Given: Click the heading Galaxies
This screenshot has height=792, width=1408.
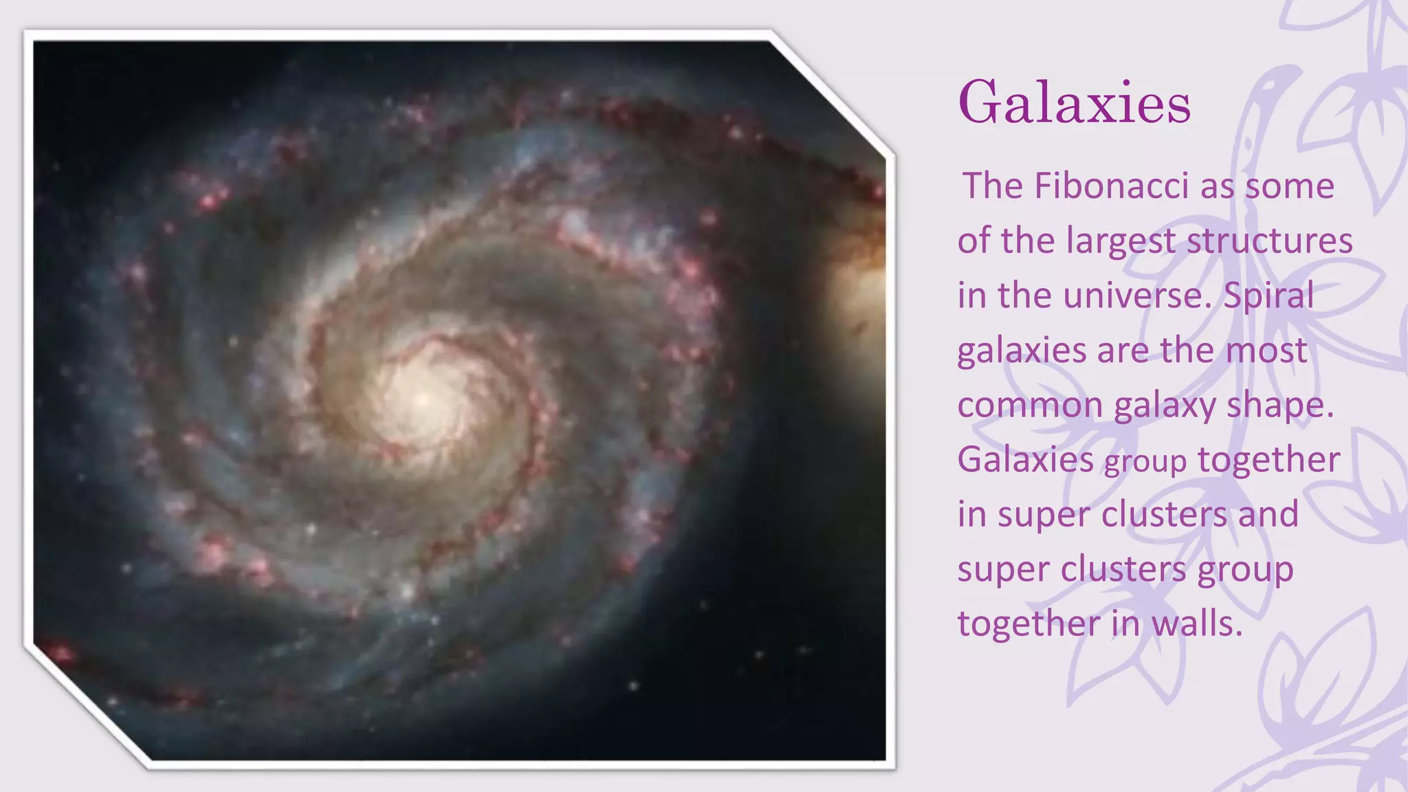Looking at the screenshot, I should [x=1074, y=103].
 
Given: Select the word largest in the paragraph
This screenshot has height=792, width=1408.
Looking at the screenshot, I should [x=1121, y=242].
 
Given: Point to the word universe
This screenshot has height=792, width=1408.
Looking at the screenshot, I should [x=1135, y=296].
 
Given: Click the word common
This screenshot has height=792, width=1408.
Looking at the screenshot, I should [x=1030, y=406].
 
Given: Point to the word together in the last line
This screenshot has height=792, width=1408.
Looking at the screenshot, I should [x=1028, y=624].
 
